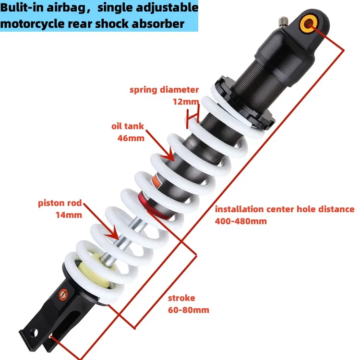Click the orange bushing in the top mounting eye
tap(307, 22)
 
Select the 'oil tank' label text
tap(128, 126)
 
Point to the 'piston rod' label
tap(60, 203)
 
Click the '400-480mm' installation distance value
tap(241, 221)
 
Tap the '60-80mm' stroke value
tap(189, 310)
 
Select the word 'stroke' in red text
tap(181, 298)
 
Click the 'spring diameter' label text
tap(164, 90)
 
